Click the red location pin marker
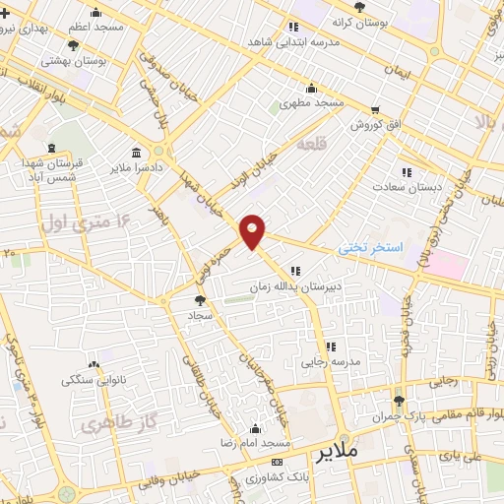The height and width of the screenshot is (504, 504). click(253, 231)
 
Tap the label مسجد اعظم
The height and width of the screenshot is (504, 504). click(95, 27)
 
